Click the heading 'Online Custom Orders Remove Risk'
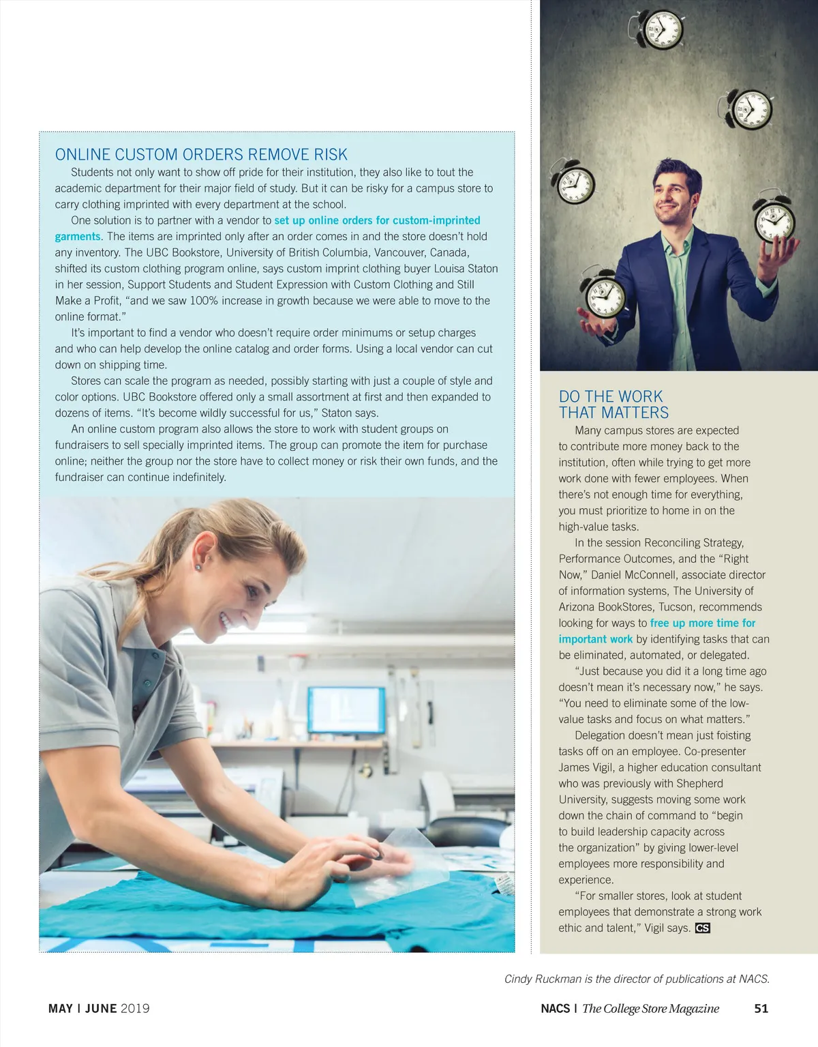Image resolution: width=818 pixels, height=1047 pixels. [201, 155]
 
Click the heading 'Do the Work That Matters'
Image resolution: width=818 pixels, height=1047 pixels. [613, 404]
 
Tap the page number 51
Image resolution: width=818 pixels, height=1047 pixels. [761, 1008]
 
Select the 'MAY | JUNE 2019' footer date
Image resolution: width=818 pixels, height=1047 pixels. [99, 1008]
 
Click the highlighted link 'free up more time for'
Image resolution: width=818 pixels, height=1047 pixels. [702, 623]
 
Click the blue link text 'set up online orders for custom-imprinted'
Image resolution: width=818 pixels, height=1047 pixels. [377, 220]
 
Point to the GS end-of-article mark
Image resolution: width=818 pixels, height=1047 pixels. [702, 928]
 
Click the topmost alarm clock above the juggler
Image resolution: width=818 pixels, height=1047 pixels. [656, 29]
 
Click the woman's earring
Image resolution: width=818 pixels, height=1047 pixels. [198, 566]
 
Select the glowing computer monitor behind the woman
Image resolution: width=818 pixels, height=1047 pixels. [346, 710]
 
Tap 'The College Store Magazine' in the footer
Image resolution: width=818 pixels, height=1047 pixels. [650, 1008]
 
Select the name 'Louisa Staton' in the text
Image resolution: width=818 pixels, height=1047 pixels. [466, 269]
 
